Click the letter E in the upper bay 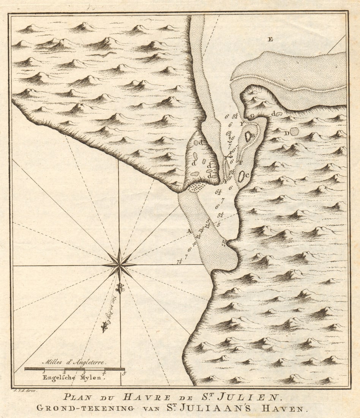pyautogui.click(x=270, y=39)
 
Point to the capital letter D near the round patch pyautogui.click(x=287, y=133)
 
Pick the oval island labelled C pyautogui.click(x=242, y=176)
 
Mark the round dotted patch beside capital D pyautogui.click(x=295, y=131)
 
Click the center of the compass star pyautogui.click(x=119, y=264)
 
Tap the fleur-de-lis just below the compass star pyautogui.click(x=120, y=288)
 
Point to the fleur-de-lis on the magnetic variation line pyautogui.click(x=104, y=326)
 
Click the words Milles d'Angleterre pyautogui.click(x=74, y=362)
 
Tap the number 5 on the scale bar pyautogui.click(x=124, y=373)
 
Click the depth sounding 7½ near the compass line pyautogui.click(x=179, y=261)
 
